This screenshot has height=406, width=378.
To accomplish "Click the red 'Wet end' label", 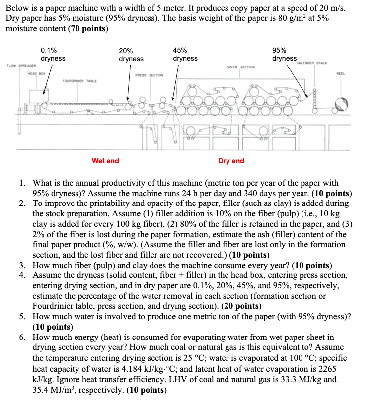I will point(105,161).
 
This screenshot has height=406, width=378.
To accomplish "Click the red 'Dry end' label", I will point(231,161).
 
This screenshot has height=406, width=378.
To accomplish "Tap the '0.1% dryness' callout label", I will point(53,54).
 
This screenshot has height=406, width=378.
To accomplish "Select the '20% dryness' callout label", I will point(131,55).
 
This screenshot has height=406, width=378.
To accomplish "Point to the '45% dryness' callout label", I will point(185,54).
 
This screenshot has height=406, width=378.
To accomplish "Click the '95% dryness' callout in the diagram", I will point(284,54).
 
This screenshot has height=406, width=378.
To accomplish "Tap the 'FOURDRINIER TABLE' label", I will point(79,80).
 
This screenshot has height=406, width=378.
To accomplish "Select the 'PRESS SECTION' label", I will point(150,75).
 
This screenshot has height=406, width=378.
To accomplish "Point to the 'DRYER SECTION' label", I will point(240,67).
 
